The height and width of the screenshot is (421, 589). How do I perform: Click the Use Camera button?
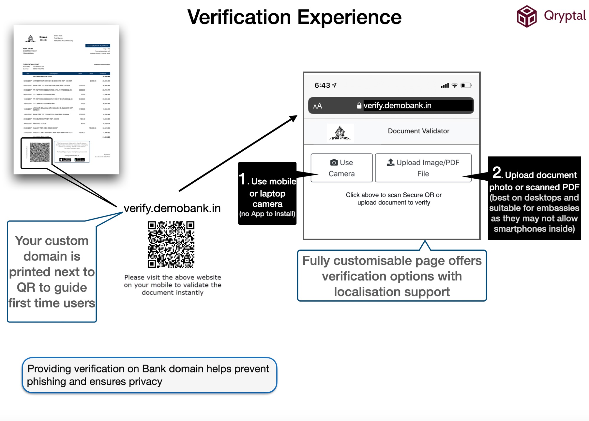341,168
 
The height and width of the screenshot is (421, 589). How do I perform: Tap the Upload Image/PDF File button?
423,168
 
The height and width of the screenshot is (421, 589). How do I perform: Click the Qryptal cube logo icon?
527,16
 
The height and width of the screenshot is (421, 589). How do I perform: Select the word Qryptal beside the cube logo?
565,16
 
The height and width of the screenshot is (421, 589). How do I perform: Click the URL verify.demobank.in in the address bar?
397,105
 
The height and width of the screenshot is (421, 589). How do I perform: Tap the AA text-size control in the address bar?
318,106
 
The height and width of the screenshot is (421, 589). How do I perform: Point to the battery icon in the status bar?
466,85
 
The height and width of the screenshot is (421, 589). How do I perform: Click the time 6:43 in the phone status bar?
322,85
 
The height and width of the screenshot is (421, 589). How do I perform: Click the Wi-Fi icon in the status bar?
455,85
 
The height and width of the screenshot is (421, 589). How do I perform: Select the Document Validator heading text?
418,131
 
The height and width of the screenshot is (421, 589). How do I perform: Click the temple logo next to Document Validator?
340,133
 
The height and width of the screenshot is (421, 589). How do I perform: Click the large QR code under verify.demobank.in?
171,244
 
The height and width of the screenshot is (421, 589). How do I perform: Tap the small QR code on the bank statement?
39,152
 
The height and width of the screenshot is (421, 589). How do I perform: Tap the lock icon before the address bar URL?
359,106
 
